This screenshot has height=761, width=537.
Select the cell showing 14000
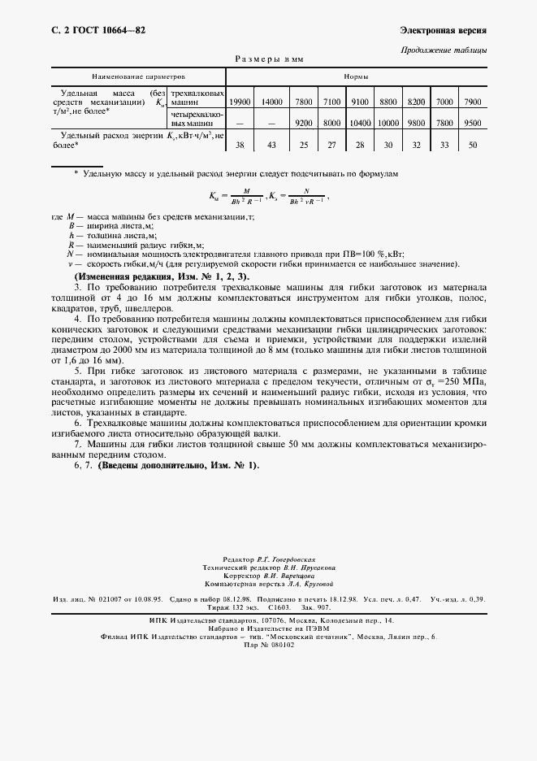pos(272,102)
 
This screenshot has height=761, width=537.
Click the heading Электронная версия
pos(444,30)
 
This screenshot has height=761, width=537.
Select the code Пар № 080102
pos(268,645)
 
